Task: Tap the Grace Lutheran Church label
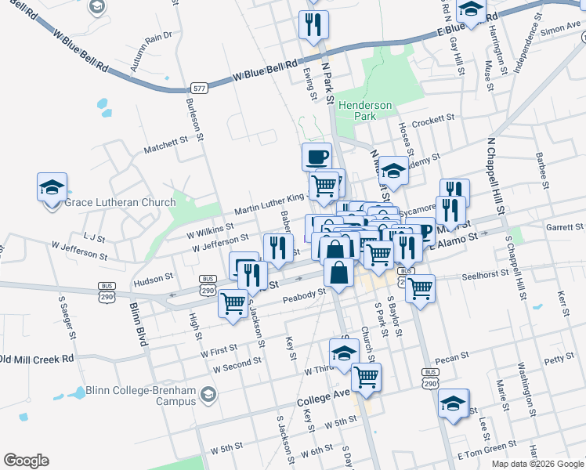pyautogui.click(x=120, y=203)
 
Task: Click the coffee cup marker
pyautogui.click(x=317, y=156)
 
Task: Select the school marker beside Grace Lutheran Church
pyautogui.click(x=52, y=189)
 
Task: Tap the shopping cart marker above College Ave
pyautogui.click(x=366, y=377)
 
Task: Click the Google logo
pyautogui.click(x=26, y=461)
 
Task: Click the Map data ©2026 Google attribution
pyautogui.click(x=537, y=464)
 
